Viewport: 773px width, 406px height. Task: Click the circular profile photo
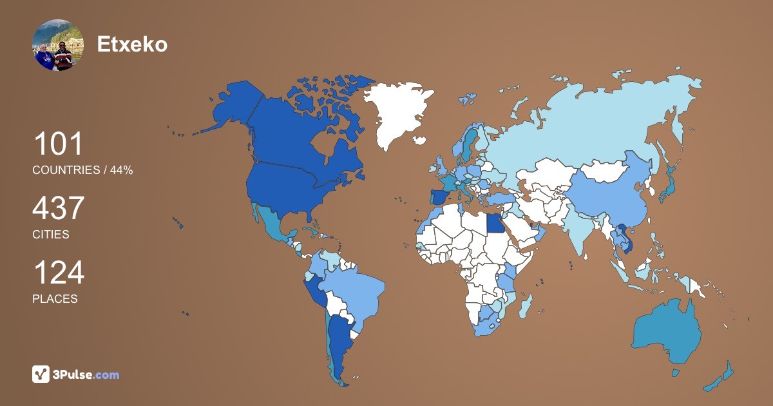pyautogui.click(x=58, y=44)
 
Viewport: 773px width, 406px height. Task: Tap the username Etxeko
pyautogui.click(x=132, y=44)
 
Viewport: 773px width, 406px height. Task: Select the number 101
pyautogui.click(x=58, y=144)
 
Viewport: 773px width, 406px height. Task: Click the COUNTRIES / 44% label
pyautogui.click(x=82, y=170)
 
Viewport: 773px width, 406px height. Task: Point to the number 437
pyautogui.click(x=59, y=209)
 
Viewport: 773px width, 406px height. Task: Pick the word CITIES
pyautogui.click(x=50, y=235)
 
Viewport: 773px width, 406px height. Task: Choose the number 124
pyautogui.click(x=59, y=273)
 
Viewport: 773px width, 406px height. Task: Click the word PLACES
pyautogui.click(x=55, y=299)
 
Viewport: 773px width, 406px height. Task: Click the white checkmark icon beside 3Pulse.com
pyautogui.click(x=41, y=374)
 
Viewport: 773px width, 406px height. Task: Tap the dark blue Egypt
pyautogui.click(x=494, y=223)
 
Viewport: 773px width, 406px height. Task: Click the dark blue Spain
pyautogui.click(x=440, y=197)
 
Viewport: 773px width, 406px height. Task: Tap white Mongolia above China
pyautogui.click(x=609, y=170)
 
